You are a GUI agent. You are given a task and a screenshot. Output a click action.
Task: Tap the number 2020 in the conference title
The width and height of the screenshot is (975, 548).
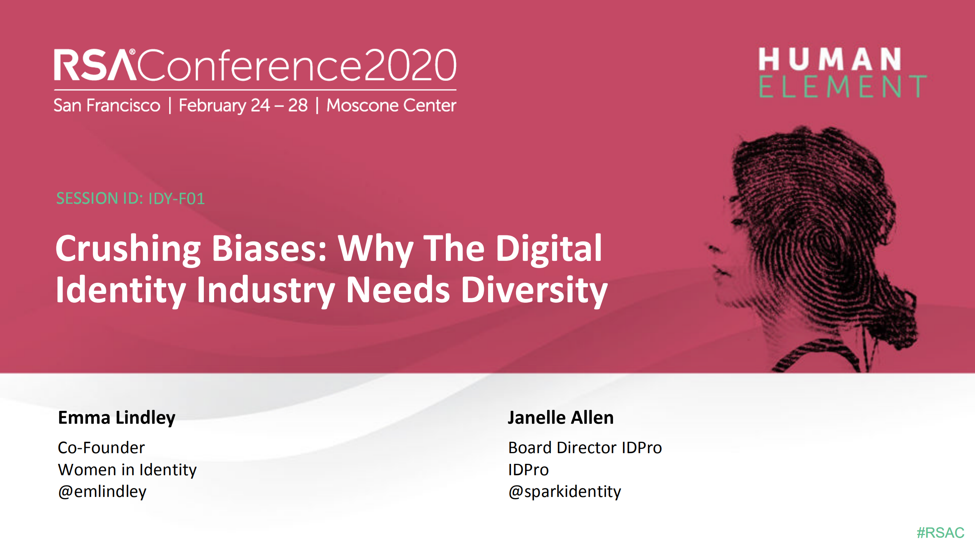click(x=410, y=66)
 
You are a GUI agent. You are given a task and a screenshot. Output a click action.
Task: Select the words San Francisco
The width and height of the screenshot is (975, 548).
click(x=107, y=105)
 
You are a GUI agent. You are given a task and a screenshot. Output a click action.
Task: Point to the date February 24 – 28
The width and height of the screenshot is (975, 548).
click(x=243, y=105)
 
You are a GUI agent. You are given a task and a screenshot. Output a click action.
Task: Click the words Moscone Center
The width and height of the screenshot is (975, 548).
click(x=391, y=105)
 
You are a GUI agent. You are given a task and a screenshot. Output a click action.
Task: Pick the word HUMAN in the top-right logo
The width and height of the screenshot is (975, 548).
click(x=829, y=59)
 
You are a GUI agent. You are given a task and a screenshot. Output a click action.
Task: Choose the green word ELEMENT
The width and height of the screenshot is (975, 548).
click(x=842, y=87)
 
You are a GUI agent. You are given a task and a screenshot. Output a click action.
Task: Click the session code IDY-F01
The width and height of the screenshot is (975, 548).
click(x=176, y=198)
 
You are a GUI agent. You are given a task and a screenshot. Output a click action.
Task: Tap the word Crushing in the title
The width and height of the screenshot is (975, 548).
click(x=128, y=249)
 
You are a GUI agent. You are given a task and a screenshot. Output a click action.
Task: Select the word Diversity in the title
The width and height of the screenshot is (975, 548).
click(x=534, y=290)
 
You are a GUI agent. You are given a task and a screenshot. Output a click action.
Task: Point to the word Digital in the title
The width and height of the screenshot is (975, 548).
click(x=549, y=249)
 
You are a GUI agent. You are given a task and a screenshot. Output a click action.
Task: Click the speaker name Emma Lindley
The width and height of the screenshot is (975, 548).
click(x=117, y=418)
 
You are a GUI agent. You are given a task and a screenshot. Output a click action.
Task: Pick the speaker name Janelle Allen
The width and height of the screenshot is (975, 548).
click(x=560, y=418)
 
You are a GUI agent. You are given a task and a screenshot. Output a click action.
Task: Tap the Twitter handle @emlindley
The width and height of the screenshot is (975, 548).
click(x=102, y=492)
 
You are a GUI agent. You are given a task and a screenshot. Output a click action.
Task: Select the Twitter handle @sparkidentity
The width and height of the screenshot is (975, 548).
click(x=564, y=492)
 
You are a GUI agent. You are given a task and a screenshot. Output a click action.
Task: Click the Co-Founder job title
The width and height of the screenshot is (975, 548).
click(x=101, y=448)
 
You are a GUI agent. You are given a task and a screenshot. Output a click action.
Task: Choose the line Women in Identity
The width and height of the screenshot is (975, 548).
click(x=127, y=470)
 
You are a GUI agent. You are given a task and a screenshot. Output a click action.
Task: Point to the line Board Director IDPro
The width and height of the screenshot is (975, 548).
click(x=585, y=448)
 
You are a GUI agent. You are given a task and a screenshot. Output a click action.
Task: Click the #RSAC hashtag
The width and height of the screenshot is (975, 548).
click(x=940, y=533)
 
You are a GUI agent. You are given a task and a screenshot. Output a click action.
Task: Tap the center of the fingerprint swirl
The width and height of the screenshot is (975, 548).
click(x=823, y=244)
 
